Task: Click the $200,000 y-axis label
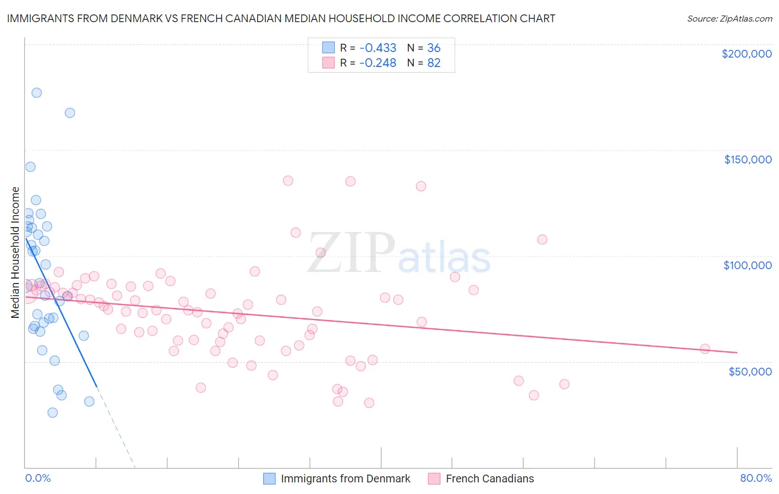(746, 54)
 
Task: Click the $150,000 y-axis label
(747, 159)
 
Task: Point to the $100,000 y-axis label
(747, 265)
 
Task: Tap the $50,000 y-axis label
(750, 371)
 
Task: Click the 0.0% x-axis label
(38, 478)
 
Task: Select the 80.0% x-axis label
(756, 478)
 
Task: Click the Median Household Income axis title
(16, 253)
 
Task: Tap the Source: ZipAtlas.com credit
(729, 18)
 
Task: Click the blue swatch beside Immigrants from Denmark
(269, 478)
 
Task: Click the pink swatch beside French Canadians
(434, 478)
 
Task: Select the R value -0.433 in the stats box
(378, 48)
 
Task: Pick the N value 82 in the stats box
(434, 63)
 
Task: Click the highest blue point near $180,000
(37, 92)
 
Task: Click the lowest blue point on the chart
(53, 413)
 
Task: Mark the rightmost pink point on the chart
(705, 349)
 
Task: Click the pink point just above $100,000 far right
(542, 239)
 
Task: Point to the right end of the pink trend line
(737, 352)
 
